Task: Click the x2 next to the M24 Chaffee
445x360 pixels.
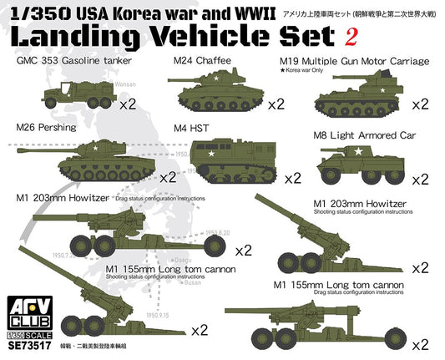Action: tap(277, 105)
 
